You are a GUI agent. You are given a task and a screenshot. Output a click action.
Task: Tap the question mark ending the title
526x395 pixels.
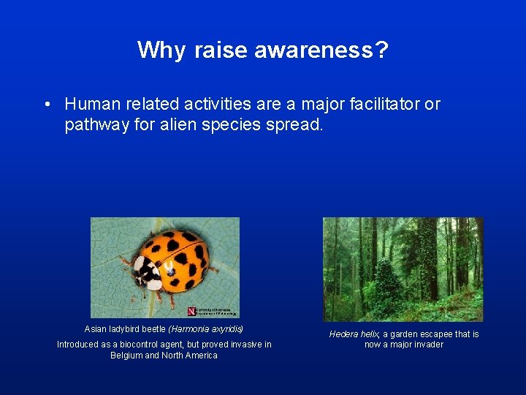click(381, 50)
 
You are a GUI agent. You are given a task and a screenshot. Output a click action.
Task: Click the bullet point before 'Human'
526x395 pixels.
click(47, 105)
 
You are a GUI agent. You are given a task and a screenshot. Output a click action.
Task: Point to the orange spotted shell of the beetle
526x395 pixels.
click(179, 259)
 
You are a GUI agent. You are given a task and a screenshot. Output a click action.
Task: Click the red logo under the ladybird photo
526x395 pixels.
click(191, 311)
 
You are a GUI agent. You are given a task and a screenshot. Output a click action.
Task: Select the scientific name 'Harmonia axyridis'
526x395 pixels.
click(206, 329)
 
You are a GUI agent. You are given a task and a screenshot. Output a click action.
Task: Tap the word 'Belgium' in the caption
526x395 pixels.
click(126, 355)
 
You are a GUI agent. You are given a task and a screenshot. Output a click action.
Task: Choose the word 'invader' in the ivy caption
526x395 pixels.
click(427, 345)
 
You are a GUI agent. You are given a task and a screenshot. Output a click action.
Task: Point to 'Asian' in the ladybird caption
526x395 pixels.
click(96, 329)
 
